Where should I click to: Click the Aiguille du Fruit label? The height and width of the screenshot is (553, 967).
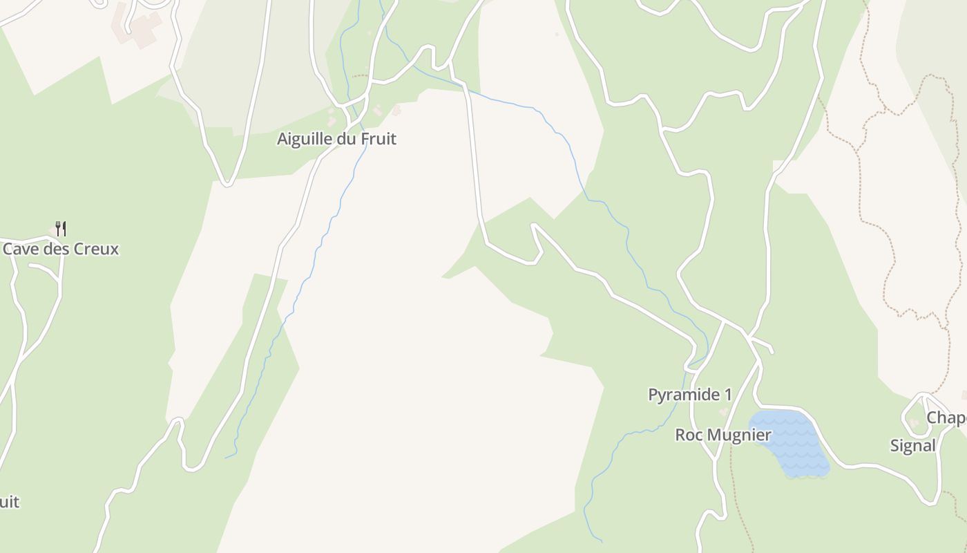click(x=336, y=139)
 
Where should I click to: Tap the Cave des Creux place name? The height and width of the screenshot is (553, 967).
click(x=61, y=249)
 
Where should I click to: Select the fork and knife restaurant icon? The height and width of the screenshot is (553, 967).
click(x=61, y=228)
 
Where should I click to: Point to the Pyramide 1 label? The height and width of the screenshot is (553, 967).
click(x=689, y=395)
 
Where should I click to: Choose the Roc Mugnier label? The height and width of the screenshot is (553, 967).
click(x=722, y=435)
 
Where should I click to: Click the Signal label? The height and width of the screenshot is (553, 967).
click(x=912, y=446)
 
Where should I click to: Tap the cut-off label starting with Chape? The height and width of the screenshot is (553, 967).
click(x=946, y=418)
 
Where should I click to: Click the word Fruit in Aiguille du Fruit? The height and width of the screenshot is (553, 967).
click(x=379, y=139)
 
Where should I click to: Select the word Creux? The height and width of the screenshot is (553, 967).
click(x=96, y=249)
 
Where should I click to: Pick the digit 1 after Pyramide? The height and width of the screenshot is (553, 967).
click(x=727, y=395)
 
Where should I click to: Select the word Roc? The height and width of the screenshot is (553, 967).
click(x=688, y=435)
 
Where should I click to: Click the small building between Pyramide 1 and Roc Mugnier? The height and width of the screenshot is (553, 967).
click(x=723, y=412)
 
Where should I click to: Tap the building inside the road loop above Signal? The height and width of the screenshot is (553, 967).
click(x=915, y=422)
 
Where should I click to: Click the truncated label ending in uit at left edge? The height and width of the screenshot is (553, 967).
click(x=9, y=502)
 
